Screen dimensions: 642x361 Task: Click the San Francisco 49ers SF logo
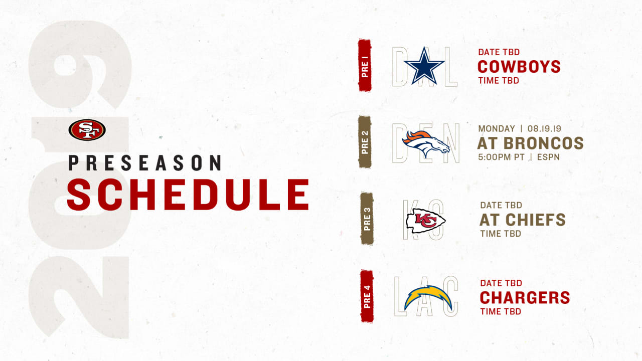click(87, 130)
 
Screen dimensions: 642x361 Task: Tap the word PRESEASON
click(145, 163)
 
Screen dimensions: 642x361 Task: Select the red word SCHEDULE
click(188, 195)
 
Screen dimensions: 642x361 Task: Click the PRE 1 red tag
click(365, 65)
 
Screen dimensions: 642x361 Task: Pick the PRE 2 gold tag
click(365, 142)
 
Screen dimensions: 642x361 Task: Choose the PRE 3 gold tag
click(367, 219)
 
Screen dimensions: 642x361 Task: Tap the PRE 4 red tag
click(367, 296)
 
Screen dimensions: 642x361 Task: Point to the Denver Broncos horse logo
click(426, 144)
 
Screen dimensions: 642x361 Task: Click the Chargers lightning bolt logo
click(428, 298)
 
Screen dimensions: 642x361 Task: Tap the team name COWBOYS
click(519, 67)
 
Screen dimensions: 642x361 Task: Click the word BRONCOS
click(543, 143)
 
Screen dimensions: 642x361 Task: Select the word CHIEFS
click(535, 220)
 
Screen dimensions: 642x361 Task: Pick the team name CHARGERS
click(525, 298)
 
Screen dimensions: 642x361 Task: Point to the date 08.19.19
click(544, 129)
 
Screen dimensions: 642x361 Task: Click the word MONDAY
click(497, 129)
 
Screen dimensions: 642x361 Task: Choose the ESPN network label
click(548, 157)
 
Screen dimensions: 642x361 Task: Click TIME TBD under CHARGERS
click(501, 311)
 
